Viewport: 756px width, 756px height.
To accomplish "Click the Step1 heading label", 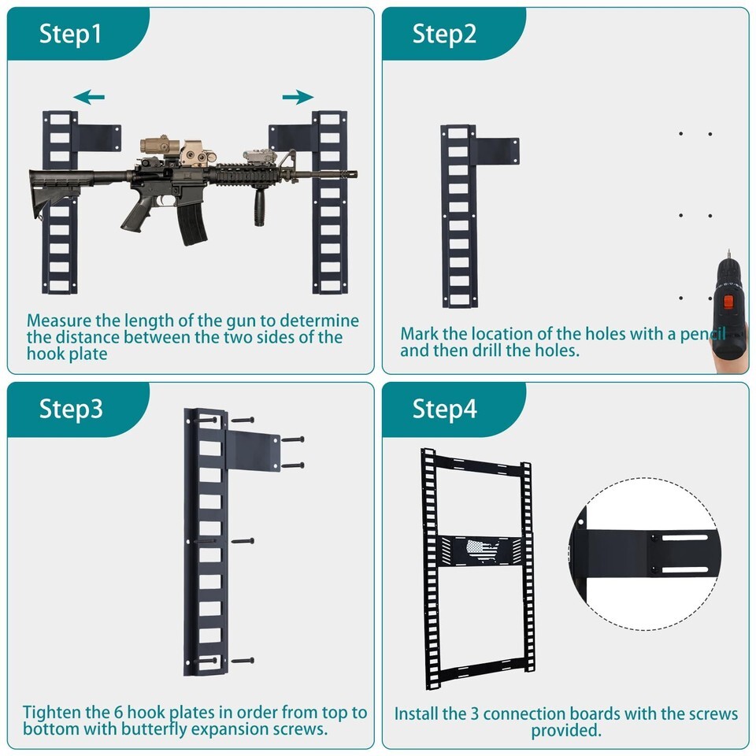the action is click(70, 34).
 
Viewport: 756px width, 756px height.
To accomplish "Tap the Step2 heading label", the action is click(444, 34).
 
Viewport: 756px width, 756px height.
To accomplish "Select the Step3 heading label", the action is click(71, 409).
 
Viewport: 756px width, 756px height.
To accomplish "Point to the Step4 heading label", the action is click(444, 409).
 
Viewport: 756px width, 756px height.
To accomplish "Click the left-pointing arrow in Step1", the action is click(89, 97).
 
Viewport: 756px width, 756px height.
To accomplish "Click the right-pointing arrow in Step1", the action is click(298, 97).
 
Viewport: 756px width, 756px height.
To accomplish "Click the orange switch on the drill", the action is click(728, 302).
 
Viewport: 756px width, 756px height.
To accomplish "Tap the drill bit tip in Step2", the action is click(728, 250).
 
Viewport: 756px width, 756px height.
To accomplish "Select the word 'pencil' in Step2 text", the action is click(703, 334).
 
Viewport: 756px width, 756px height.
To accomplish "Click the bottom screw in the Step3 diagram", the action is click(243, 661).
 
